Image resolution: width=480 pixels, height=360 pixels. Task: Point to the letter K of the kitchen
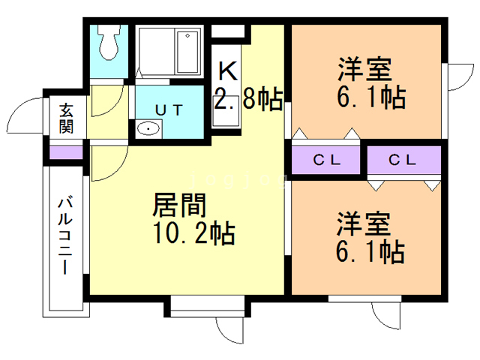coord(228,71)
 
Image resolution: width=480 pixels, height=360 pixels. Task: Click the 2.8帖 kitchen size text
coord(248,98)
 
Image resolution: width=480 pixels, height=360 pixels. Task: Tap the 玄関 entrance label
coord(66,117)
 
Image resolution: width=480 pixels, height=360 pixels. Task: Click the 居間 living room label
coord(179,204)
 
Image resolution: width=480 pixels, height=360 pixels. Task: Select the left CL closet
coord(327,160)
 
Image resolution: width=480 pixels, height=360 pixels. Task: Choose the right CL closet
coord(403,160)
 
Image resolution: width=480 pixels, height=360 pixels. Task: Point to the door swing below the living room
coord(229,331)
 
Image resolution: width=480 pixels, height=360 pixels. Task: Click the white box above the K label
coord(229,31)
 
